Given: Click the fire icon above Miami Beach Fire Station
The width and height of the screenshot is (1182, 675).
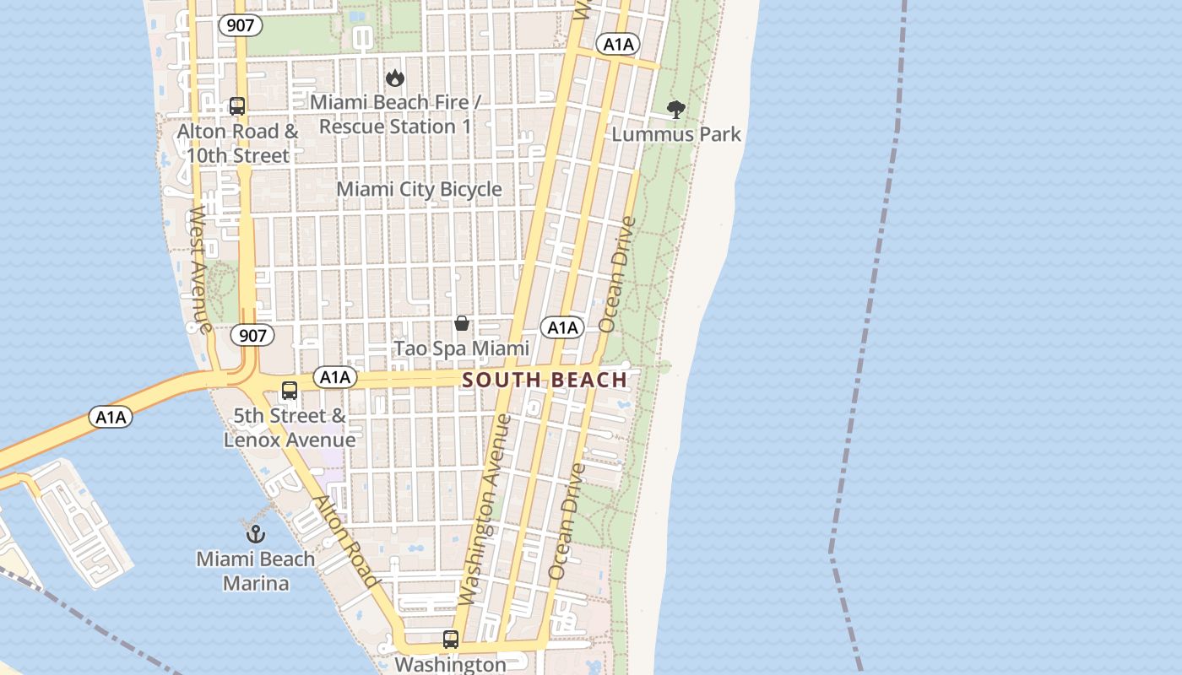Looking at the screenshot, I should tap(394, 78).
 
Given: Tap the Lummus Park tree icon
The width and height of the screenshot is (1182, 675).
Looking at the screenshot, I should tap(675, 109).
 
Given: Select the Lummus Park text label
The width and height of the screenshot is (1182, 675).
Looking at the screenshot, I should tap(676, 134).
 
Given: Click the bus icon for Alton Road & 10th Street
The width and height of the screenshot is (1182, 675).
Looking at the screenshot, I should tap(237, 106).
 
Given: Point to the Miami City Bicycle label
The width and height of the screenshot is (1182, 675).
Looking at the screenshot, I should tap(420, 189).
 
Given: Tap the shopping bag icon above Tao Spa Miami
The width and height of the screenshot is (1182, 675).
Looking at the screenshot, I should tap(462, 323).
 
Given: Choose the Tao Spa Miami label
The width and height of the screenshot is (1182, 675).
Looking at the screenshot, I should tap(462, 348).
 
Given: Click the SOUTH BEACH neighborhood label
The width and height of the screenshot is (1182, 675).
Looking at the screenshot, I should tap(545, 380).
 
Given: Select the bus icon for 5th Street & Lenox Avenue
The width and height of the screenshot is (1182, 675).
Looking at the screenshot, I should tap(290, 391).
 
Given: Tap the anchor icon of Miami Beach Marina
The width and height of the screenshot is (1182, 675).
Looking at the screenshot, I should tap(255, 533).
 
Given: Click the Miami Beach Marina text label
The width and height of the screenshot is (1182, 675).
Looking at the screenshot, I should tap(256, 571).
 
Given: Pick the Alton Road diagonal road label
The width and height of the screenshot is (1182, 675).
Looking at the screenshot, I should tap(345, 541).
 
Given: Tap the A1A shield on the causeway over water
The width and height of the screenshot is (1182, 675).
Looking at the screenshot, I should tap(111, 417).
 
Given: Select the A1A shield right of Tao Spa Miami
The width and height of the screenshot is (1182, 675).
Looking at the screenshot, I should tap(562, 327).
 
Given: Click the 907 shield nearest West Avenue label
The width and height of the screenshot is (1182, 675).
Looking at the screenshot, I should tap(252, 335).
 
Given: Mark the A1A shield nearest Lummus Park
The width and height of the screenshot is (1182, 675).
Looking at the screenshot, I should tap(617, 45).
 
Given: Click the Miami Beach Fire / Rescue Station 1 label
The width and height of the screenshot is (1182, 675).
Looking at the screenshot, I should tap(395, 115).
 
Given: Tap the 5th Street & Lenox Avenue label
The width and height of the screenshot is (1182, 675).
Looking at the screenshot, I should tap(290, 428).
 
